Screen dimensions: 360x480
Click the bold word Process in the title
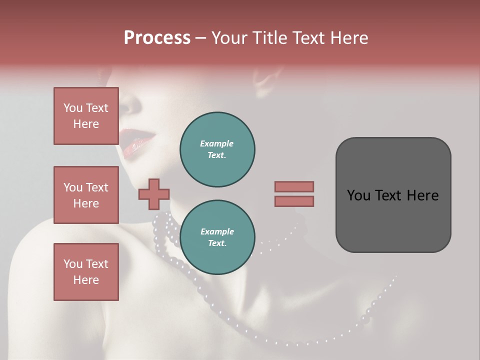pyautogui.click(x=157, y=38)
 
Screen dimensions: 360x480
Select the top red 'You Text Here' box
pyautogui.click(x=86, y=116)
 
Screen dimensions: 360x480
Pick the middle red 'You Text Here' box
pyautogui.click(x=86, y=195)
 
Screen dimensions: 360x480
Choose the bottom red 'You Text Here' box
pyautogui.click(x=86, y=272)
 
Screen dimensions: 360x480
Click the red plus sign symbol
pyautogui.click(x=154, y=194)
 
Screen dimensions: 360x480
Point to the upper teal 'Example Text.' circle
pyautogui.click(x=217, y=149)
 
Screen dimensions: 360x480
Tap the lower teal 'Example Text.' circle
pyautogui.click(x=217, y=237)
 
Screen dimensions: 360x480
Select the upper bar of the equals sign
pyautogui.click(x=294, y=186)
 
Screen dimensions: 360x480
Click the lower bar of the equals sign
pyautogui.click(x=294, y=201)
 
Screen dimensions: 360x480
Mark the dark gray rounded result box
pyautogui.click(x=393, y=195)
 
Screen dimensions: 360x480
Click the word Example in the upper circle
pyautogui.click(x=217, y=144)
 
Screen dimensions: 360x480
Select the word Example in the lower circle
pyautogui.click(x=217, y=232)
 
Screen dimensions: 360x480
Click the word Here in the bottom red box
pyautogui.click(x=86, y=280)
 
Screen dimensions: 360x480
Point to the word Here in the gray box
pyautogui.click(x=423, y=195)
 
